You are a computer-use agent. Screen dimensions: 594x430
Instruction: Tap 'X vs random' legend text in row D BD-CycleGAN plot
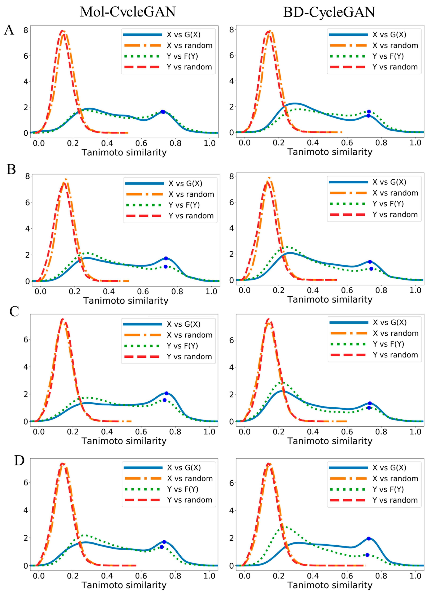[395, 478]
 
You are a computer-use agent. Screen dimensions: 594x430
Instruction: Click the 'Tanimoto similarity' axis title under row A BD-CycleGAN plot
[330, 152]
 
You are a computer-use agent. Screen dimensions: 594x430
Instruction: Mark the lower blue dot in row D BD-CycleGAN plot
[367, 555]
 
